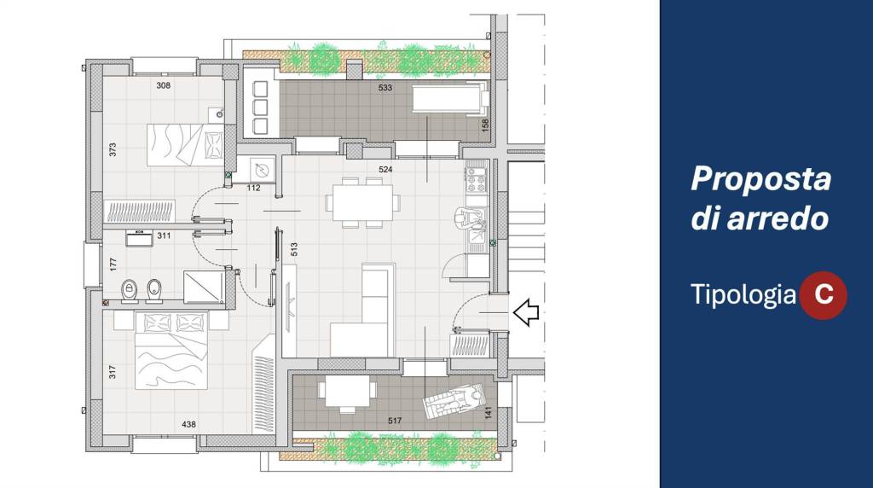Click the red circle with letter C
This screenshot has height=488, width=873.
(823, 295)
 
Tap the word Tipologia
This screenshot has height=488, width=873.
(743, 294)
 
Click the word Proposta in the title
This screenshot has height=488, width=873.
(760, 179)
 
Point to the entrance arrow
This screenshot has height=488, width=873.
(525, 312)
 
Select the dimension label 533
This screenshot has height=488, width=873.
(384, 88)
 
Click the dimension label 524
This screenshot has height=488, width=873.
(384, 170)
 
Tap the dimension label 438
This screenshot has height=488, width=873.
(188, 425)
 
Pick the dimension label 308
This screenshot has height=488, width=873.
(163, 85)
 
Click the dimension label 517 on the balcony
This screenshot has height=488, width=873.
(394, 421)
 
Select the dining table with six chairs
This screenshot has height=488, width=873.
(362, 202)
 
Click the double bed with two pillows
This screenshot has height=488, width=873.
(171, 350)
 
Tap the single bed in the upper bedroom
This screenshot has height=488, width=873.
(185, 145)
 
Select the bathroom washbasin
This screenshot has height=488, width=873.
(139, 238)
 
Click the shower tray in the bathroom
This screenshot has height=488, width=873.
(205, 287)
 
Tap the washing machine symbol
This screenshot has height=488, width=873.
(261, 170)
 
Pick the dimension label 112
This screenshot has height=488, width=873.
(253, 188)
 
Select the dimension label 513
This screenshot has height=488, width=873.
(294, 249)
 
